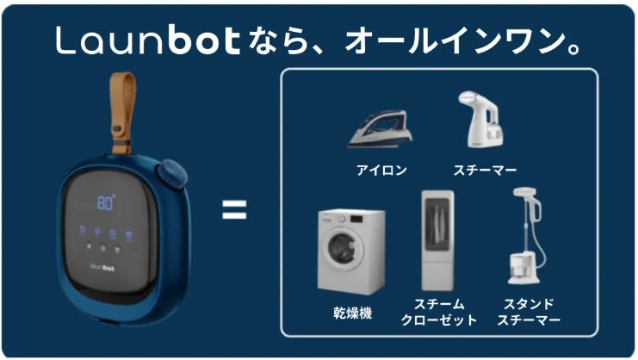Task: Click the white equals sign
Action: point(234,209)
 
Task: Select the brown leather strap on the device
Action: point(121,112)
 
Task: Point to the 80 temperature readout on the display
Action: point(106,203)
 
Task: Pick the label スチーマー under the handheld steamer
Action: point(485,170)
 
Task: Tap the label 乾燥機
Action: point(352,313)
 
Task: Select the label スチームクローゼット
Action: point(438,312)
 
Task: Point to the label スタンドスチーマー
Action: point(529,312)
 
